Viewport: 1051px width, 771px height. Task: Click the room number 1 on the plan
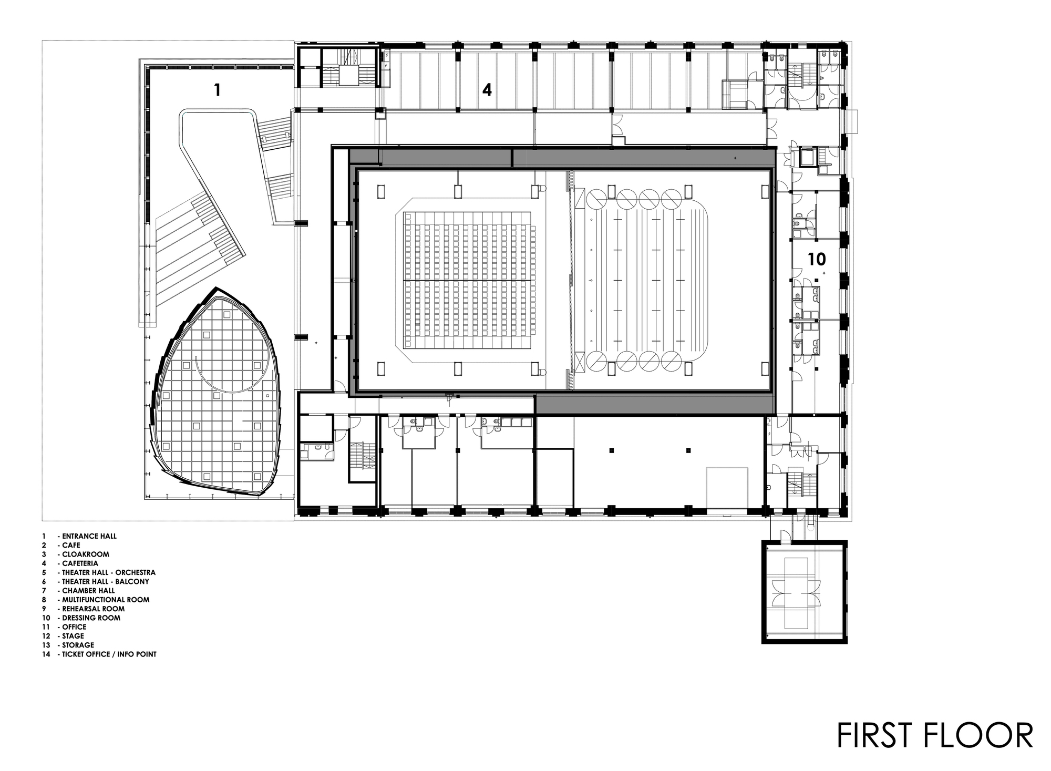[217, 90]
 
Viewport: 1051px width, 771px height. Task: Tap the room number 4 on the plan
[487, 90]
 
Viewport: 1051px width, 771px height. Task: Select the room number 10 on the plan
[817, 259]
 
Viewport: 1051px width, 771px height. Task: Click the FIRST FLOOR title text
[935, 735]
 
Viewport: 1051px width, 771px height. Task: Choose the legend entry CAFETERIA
[80, 563]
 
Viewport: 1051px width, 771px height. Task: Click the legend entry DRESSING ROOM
[91, 618]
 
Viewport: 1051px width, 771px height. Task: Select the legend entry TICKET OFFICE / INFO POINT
[109, 654]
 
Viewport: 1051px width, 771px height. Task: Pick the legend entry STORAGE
[78, 645]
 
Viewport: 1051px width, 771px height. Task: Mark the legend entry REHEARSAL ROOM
[93, 609]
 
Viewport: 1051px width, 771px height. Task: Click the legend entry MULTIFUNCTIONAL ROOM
[106, 599]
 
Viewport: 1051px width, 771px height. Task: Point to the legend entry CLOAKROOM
[86, 554]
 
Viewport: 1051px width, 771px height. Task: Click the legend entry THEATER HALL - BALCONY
[105, 581]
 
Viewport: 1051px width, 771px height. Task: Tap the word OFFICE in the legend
[74, 626]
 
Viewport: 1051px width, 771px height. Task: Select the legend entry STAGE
[73, 636]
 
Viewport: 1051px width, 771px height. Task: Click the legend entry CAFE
[71, 545]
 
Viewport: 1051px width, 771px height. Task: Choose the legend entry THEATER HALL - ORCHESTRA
[108, 572]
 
